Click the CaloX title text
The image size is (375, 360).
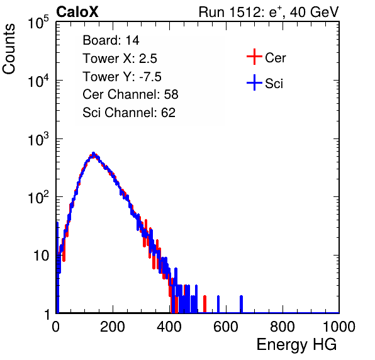(77, 12)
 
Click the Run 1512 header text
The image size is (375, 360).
(269, 12)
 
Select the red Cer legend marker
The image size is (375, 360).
(254, 57)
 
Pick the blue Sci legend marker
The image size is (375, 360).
(254, 83)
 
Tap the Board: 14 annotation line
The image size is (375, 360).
(111, 40)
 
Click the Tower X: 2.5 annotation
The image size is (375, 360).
(120, 59)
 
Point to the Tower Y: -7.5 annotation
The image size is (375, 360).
(122, 77)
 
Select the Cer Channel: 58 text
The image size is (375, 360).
(130, 94)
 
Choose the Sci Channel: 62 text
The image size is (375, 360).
(129, 113)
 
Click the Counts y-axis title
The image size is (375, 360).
(9, 49)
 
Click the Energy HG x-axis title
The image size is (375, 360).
(296, 345)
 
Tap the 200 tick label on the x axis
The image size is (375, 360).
(113, 327)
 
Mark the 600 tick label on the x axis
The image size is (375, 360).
(226, 327)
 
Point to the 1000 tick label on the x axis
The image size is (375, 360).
(339, 327)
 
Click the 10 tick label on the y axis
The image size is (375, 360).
(41, 256)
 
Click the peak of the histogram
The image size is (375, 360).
(94, 154)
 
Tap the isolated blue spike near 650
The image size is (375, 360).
(242, 304)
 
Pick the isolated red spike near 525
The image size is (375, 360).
(204, 304)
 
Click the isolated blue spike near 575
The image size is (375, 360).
(218, 304)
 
